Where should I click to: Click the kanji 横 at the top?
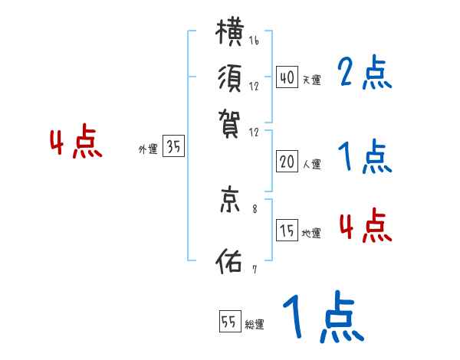pyautogui.click(x=232, y=34)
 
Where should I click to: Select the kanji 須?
pyautogui.click(x=232, y=77)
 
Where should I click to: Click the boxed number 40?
pyautogui.click(x=287, y=77)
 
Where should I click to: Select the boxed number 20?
pyautogui.click(x=287, y=162)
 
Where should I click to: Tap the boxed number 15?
pyautogui.click(x=287, y=231)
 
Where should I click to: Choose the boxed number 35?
pyautogui.click(x=174, y=148)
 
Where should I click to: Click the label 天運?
pyautogui.click(x=311, y=79)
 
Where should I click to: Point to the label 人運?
pyautogui.click(x=311, y=164)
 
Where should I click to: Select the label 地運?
pyautogui.click(x=311, y=234)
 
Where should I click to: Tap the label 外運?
pyautogui.click(x=148, y=150)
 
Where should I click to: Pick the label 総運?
pyautogui.click(x=255, y=324)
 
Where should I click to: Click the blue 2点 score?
pyautogui.click(x=364, y=74)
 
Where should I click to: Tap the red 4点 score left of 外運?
pyautogui.click(x=75, y=143)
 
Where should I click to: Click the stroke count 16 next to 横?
pyautogui.click(x=254, y=41)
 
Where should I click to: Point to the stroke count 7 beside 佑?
pyautogui.click(x=255, y=268)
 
